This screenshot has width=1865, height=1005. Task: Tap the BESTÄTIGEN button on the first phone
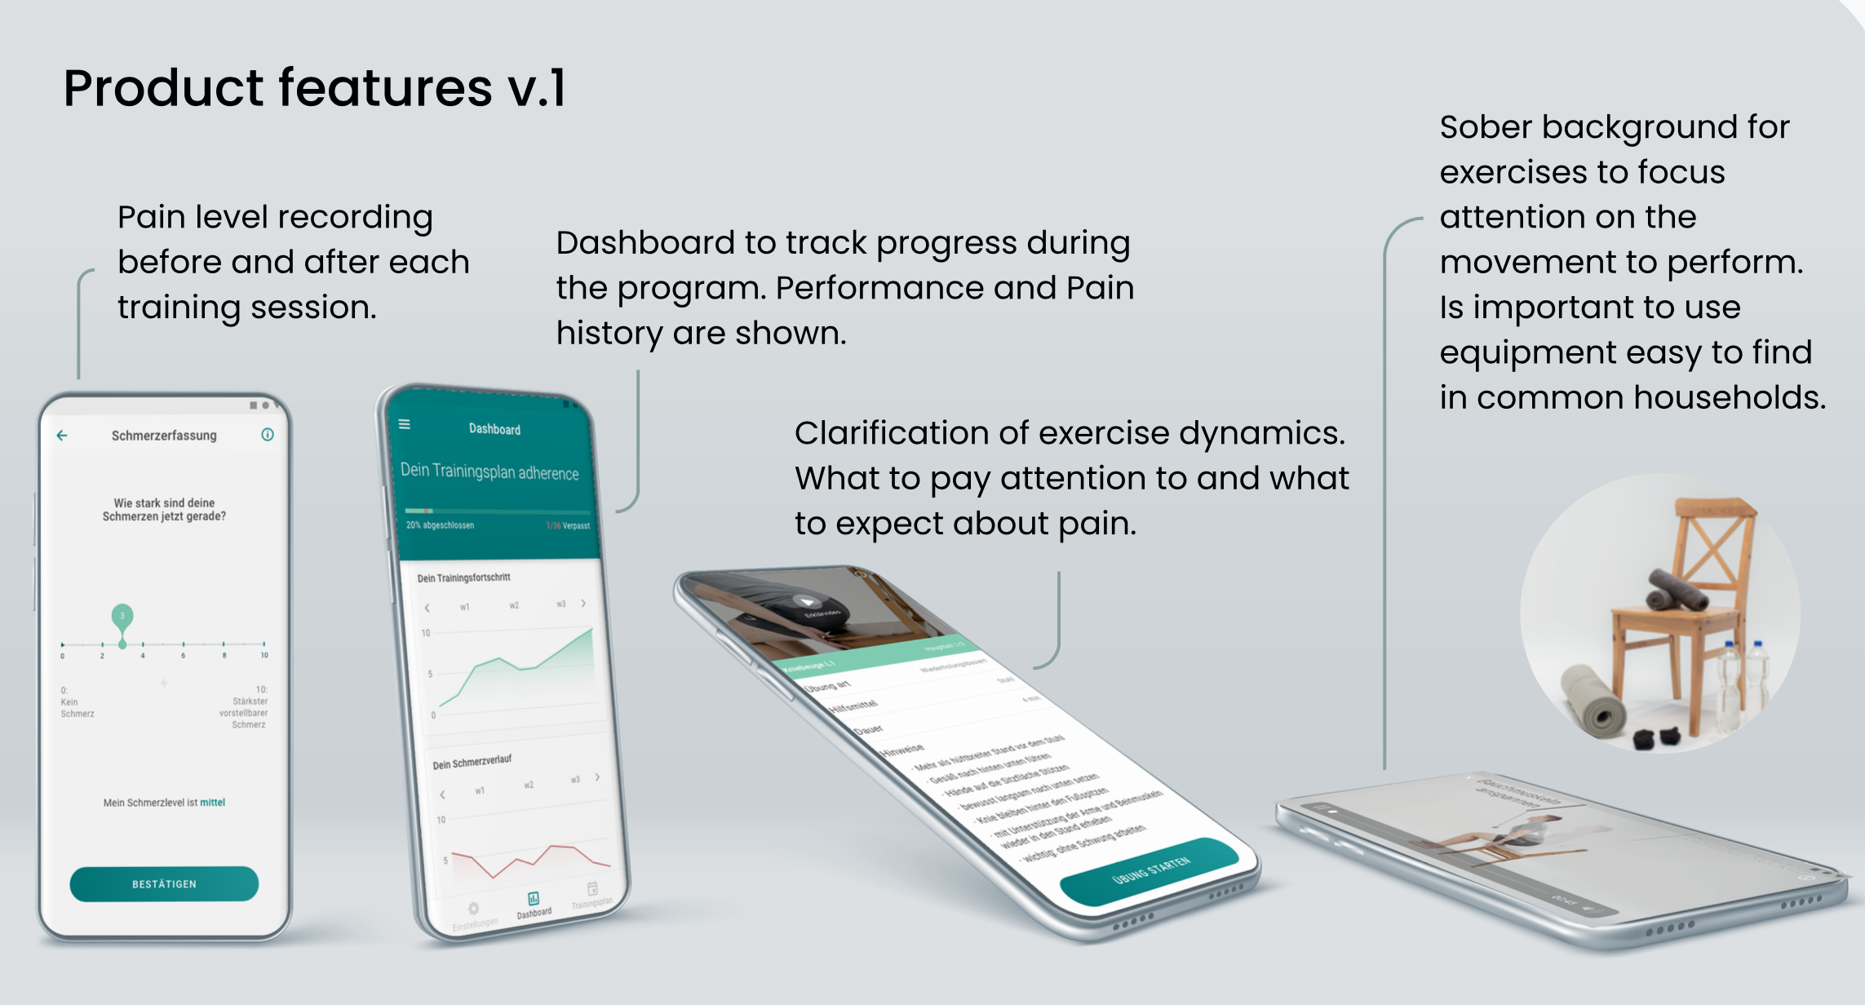click(164, 883)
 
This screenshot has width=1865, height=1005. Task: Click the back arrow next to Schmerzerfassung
click(62, 436)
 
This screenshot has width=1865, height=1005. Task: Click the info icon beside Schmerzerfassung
click(267, 435)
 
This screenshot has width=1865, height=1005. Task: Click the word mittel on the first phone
click(212, 803)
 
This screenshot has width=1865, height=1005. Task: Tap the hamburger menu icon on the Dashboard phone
click(405, 424)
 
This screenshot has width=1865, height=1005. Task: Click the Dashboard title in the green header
click(494, 429)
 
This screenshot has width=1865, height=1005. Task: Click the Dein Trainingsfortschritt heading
click(463, 578)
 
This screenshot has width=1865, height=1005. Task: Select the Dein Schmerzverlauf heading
click(472, 762)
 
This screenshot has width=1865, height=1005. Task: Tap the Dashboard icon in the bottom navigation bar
click(533, 898)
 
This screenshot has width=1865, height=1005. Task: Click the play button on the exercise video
click(807, 603)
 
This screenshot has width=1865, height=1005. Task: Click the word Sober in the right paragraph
click(1486, 127)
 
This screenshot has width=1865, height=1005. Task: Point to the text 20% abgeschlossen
click(440, 525)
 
